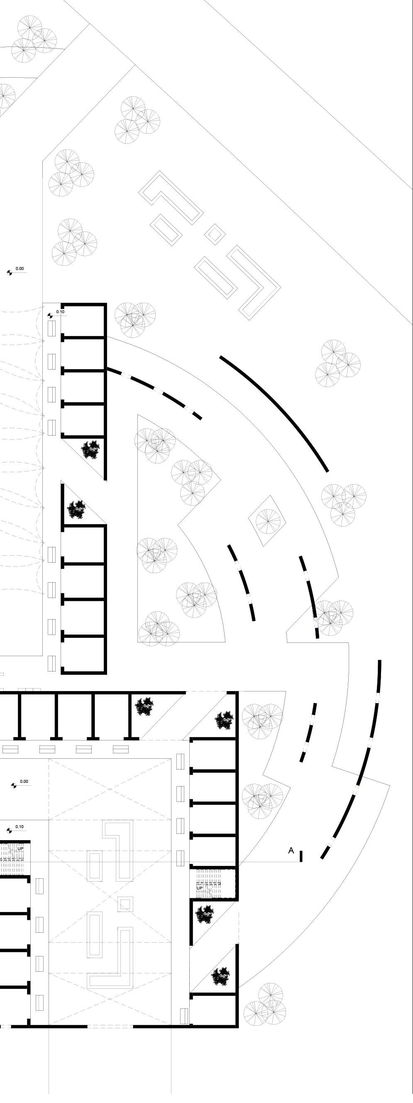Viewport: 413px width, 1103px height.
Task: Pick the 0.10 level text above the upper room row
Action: coord(60,312)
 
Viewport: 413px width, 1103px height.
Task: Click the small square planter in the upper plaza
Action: coord(215,234)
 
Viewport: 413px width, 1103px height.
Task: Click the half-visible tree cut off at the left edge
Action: coord(5,95)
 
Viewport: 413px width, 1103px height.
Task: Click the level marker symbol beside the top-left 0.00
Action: coord(10,272)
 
